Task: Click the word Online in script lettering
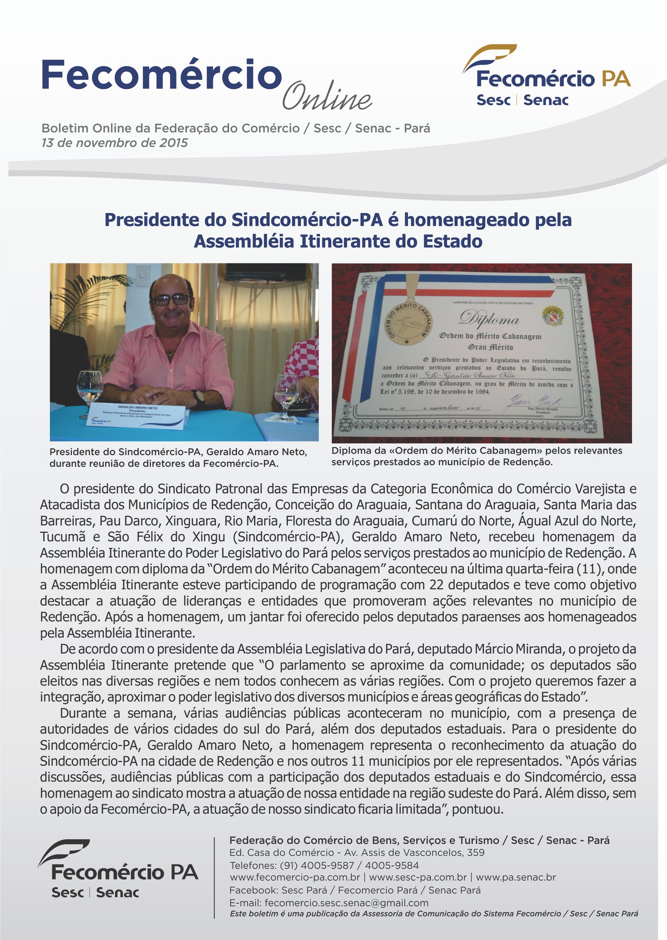tap(327, 97)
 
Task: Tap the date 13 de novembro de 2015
tap(115, 143)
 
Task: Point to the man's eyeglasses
tap(171, 299)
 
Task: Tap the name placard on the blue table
tap(138, 414)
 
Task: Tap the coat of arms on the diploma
tap(553, 315)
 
